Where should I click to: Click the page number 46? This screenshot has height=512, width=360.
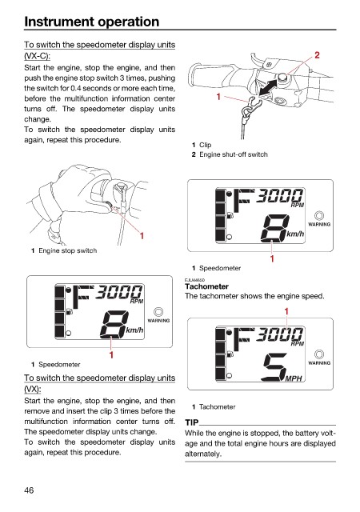pos(29,490)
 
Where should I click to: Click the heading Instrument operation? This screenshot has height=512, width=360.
pos(92,22)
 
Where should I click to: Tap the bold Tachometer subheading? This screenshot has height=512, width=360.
pos(206,286)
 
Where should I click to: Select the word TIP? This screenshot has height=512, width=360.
pos(192,422)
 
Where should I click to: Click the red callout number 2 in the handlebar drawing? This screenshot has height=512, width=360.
pos(317,55)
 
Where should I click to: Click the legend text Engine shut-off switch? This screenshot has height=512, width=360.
pos(234,154)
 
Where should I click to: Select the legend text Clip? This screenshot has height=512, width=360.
pos(205,145)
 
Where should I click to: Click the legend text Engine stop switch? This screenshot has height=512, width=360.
pos(68,250)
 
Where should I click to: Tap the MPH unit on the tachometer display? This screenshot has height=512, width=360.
pos(294,378)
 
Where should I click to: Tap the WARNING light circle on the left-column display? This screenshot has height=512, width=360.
pos(158,312)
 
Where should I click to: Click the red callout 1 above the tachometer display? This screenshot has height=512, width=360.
pos(286,311)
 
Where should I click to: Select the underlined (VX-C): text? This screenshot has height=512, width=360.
pos(38,56)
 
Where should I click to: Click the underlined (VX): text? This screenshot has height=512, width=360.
pos(32,390)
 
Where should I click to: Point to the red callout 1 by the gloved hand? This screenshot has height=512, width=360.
pos(142,235)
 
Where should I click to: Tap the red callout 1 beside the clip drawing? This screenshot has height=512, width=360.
pos(218,97)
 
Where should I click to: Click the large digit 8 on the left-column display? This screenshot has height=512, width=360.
pos(114,324)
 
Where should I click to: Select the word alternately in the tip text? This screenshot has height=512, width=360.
pos(203,454)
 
